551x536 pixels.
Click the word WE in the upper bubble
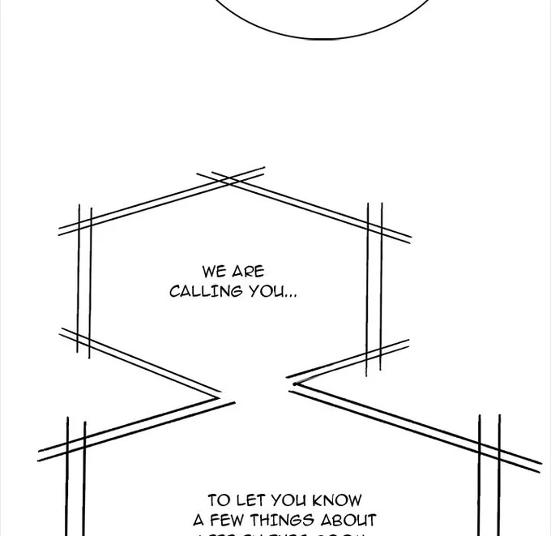(215, 272)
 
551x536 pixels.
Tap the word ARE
(248, 272)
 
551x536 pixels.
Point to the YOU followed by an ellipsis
(266, 291)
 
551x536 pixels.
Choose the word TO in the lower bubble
(219, 500)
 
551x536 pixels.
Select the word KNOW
(335, 500)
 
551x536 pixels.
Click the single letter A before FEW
(199, 520)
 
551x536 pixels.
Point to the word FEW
(229, 520)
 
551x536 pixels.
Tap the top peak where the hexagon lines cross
(231, 178)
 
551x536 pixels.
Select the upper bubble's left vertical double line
(84, 280)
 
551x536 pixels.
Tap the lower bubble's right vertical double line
(489, 474)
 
